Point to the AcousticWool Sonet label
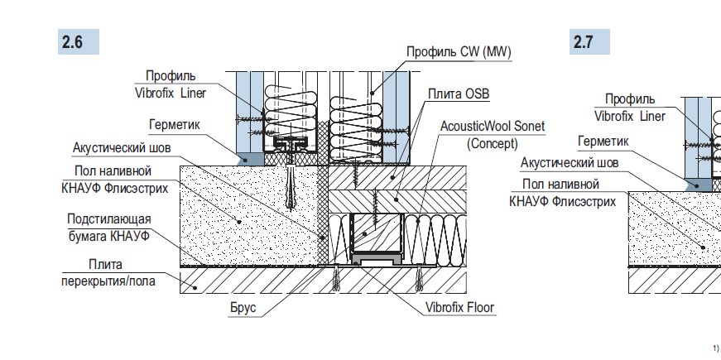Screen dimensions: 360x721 click(x=480, y=127)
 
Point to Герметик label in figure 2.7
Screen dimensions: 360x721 click(x=603, y=142)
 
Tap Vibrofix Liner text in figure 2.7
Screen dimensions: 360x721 click(x=629, y=117)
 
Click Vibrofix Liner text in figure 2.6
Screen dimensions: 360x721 click(x=170, y=94)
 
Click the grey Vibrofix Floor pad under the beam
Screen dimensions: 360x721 click(x=377, y=260)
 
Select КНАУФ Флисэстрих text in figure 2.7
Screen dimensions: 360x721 click(x=563, y=199)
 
